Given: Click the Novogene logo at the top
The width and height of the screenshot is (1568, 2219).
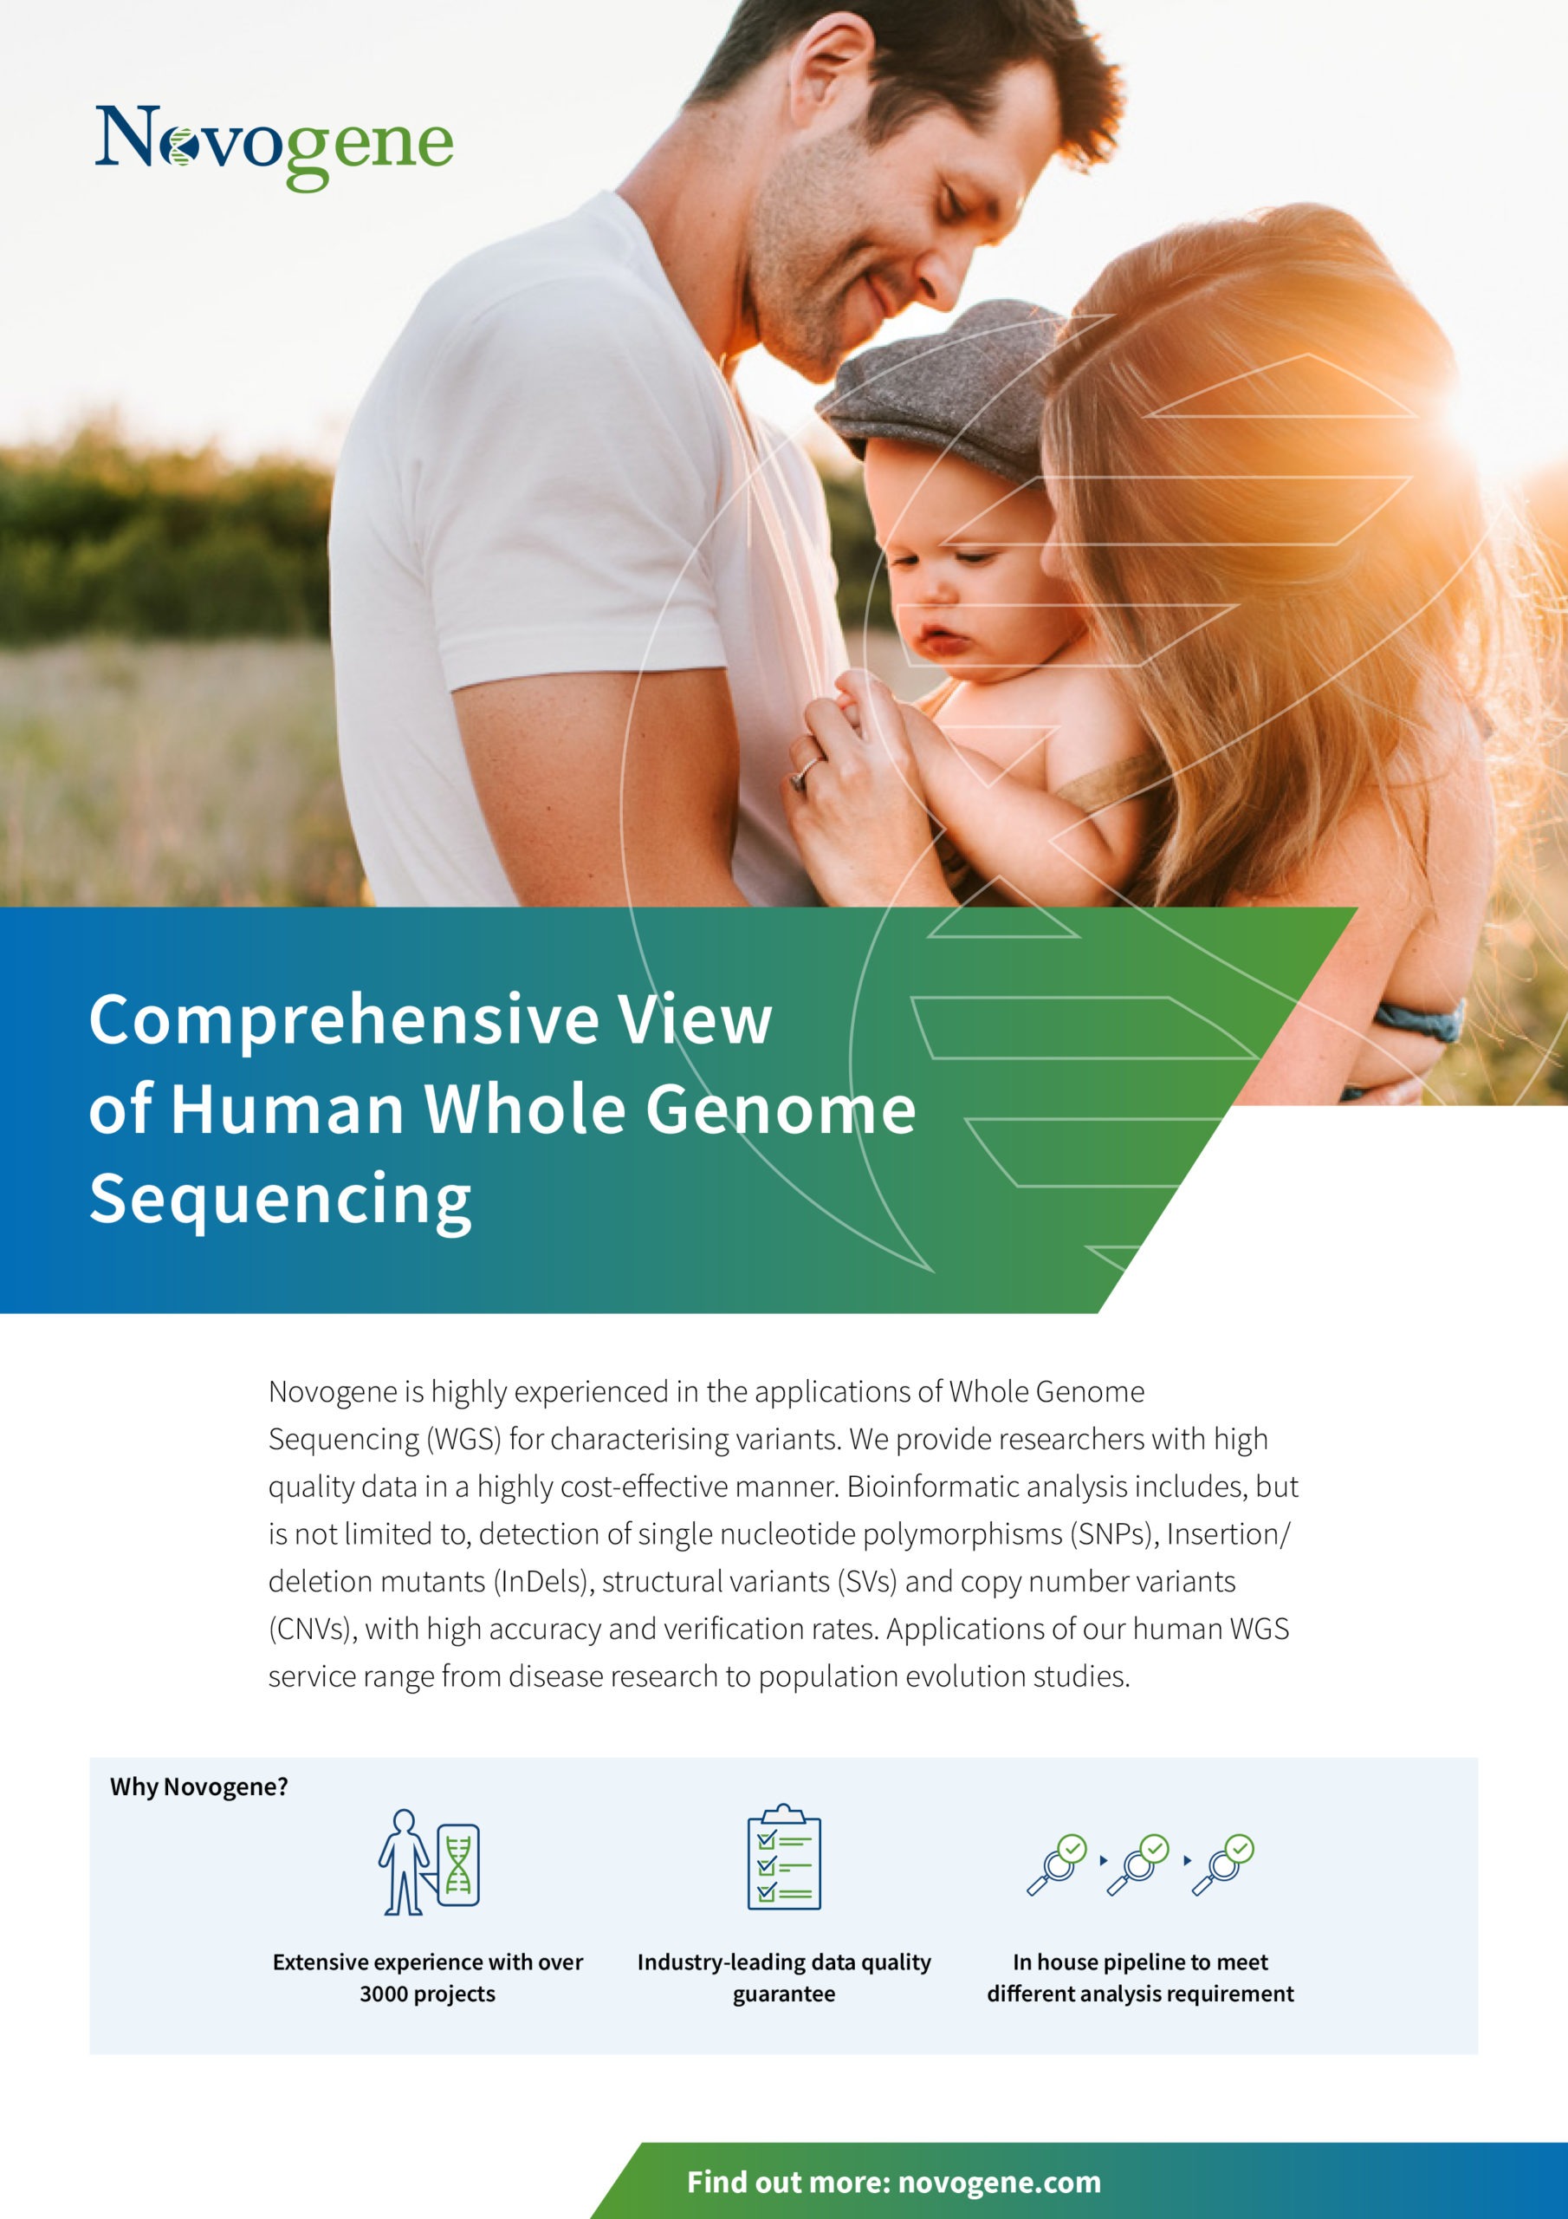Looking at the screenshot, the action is pos(275,146).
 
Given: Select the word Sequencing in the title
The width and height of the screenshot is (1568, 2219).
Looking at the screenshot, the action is pos(280,1200).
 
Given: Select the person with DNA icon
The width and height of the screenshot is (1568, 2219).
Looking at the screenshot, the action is pos(429,1861).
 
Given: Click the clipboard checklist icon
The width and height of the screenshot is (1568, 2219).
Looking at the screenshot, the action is pos(783,1857).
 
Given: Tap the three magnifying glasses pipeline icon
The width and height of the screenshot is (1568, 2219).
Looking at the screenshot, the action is pos(1140,1864).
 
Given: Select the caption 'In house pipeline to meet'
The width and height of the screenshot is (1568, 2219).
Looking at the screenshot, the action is pos(1140,1962).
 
